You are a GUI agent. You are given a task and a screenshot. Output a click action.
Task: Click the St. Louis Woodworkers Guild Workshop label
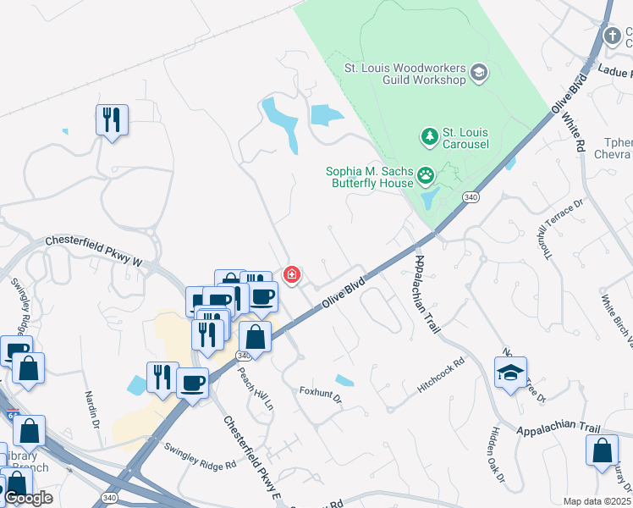pyautogui.click(x=405, y=73)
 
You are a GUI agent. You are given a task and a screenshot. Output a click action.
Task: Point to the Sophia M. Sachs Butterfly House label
pyautogui.click(x=370, y=176)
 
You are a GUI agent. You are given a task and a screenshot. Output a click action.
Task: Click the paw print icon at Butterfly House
pyautogui.click(x=426, y=176)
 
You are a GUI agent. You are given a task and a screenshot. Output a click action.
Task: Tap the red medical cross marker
pyautogui.click(x=292, y=274)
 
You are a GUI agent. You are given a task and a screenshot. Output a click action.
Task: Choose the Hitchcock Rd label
pyautogui.click(x=441, y=374)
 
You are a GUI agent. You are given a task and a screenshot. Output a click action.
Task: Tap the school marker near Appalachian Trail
pyautogui.click(x=511, y=373)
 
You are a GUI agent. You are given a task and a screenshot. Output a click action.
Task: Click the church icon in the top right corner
pyautogui.click(x=614, y=35)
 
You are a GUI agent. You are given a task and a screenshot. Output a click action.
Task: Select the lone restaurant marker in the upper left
pyautogui.click(x=111, y=119)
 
